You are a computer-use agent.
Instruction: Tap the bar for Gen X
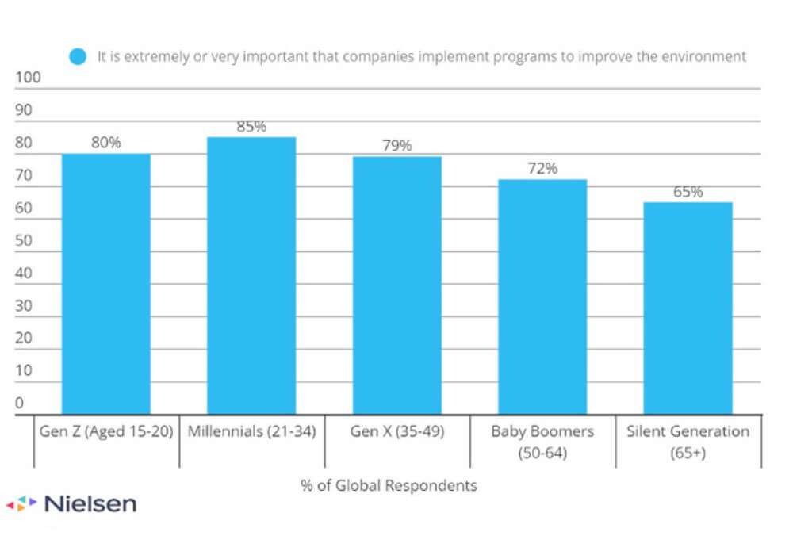(397, 285)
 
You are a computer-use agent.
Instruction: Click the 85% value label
(251, 126)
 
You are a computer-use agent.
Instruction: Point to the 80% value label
(106, 143)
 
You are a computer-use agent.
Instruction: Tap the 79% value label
(397, 146)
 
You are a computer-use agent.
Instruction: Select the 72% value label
(542, 168)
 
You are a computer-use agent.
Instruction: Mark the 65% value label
(688, 191)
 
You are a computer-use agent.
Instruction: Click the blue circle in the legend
(78, 57)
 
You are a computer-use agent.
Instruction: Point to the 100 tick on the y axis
(28, 78)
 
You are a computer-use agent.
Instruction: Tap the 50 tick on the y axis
(24, 240)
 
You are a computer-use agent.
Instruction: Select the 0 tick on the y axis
(20, 403)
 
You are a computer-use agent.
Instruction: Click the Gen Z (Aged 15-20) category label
(106, 432)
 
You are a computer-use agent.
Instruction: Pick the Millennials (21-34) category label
(251, 432)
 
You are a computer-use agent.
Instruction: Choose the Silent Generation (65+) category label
(688, 441)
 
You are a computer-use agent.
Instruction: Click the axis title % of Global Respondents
(389, 485)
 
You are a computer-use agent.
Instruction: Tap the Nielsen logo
(71, 503)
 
